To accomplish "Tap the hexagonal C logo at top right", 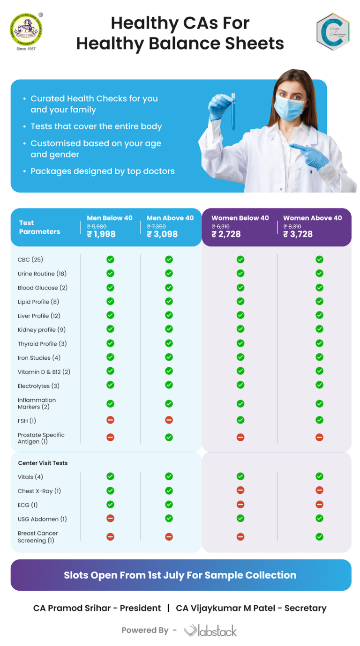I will (x=332, y=31).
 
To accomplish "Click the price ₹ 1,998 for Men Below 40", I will (x=101, y=234).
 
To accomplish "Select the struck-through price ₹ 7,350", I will (x=157, y=227).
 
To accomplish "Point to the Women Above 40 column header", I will (x=312, y=218).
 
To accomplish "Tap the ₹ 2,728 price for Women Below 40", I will (x=226, y=234).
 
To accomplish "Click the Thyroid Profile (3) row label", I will (x=42, y=344).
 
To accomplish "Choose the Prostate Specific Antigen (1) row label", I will (x=41, y=438).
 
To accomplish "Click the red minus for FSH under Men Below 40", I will (x=110, y=420).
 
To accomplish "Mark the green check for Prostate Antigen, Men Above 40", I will (x=169, y=437).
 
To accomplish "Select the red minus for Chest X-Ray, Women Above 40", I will (x=319, y=490).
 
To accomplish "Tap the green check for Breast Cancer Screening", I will (x=319, y=536).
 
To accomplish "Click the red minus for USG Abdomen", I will (x=110, y=518).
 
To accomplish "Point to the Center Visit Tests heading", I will (x=43, y=463).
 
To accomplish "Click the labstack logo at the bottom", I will (x=210, y=631).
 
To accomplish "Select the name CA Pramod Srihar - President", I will (x=97, y=608).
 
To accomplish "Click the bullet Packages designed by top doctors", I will (x=102, y=171).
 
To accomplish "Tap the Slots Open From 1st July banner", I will (x=180, y=575).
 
